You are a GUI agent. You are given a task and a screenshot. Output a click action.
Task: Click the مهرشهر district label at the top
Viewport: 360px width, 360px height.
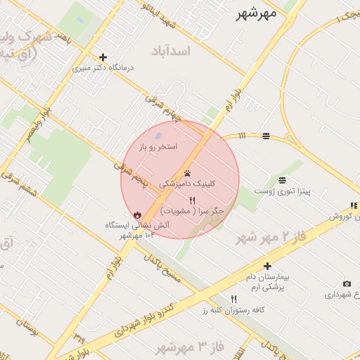pyautogui.click(x=257, y=13)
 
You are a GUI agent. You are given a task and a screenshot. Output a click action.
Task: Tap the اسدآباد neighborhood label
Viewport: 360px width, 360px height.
pyautogui.click(x=170, y=51)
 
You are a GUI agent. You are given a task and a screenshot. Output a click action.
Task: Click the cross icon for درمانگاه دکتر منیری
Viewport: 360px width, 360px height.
pyautogui.click(x=103, y=57)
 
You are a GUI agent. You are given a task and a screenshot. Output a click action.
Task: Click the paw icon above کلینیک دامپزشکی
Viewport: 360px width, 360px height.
pyautogui.click(x=187, y=173)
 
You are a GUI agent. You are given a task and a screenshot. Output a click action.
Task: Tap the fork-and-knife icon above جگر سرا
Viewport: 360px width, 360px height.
pyautogui.click(x=192, y=201)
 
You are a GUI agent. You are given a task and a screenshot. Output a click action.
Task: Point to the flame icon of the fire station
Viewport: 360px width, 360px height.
pyautogui.click(x=136, y=214)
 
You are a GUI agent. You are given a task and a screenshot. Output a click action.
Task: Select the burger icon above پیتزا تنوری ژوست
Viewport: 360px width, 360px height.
pyautogui.click(x=282, y=180)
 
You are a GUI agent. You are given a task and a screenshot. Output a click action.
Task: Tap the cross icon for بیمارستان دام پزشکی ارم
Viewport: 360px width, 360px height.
pyautogui.click(x=267, y=266)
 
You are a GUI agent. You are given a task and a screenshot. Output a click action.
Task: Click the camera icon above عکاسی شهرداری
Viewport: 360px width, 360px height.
pyautogui.click(x=347, y=284)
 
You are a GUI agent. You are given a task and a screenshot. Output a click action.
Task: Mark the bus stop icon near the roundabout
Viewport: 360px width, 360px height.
pyautogui.click(x=266, y=136)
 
